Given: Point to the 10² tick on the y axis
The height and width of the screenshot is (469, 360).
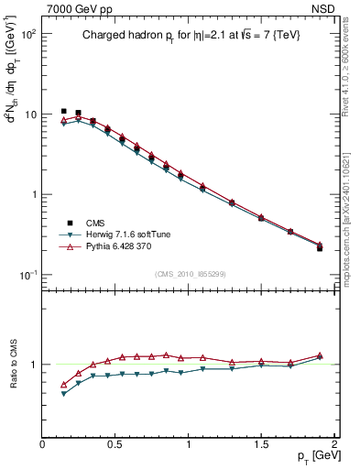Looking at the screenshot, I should (x=28, y=34).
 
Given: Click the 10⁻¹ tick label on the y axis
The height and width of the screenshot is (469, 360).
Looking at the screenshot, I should (x=28, y=275).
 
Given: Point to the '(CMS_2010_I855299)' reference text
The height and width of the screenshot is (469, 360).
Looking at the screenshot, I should (x=188, y=274).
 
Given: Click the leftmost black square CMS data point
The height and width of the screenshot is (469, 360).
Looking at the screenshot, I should (x=63, y=111).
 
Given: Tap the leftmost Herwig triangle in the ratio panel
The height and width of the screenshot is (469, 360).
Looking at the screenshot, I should (x=63, y=394).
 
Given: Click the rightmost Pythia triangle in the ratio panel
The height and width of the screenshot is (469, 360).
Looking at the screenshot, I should (x=320, y=355).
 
